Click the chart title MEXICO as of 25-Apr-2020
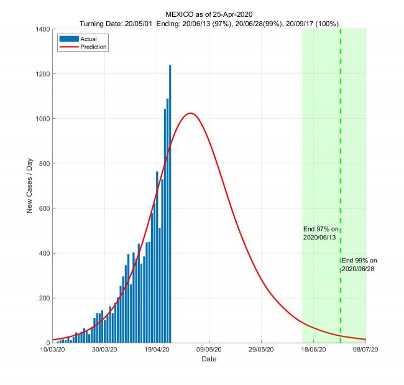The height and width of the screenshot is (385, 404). click(209, 14)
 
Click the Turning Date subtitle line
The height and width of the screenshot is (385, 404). click(209, 23)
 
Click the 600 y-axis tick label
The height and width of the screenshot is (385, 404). click(44, 208)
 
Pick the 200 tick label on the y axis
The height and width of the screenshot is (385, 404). click(44, 298)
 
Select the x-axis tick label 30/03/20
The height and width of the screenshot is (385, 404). click(105, 350)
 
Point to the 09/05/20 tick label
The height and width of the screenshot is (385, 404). click(209, 350)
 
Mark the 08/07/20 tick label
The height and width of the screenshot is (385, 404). click(365, 350)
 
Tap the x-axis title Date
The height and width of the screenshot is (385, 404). click(209, 359)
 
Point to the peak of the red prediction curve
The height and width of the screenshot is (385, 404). click(191, 113)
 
